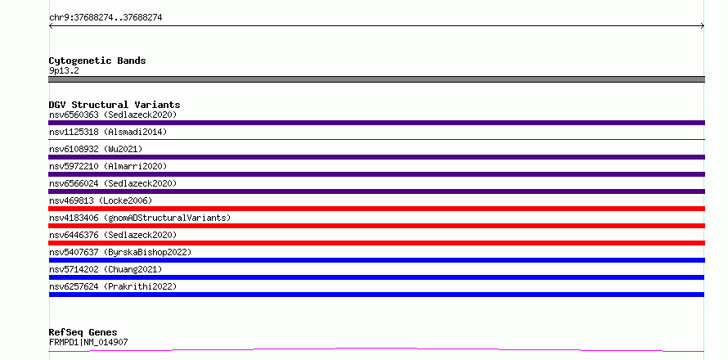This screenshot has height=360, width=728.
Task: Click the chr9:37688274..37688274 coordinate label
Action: [106, 18]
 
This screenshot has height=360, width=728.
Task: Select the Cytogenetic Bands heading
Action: [97, 61]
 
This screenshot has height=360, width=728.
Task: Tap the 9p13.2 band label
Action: [64, 71]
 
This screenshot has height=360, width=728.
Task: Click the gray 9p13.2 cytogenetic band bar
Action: [376, 79]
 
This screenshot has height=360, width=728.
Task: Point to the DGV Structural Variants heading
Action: [115, 105]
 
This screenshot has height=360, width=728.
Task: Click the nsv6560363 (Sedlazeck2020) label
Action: [113, 115]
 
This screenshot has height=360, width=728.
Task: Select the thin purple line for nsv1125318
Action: [376, 139]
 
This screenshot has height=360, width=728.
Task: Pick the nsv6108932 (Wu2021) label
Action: [96, 149]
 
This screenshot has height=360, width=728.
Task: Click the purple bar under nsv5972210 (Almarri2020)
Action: [376, 174]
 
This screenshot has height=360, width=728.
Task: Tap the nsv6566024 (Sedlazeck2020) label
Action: [113, 183]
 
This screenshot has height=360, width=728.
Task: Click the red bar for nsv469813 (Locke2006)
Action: [376, 209]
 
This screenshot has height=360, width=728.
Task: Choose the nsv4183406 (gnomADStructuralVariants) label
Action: [140, 218]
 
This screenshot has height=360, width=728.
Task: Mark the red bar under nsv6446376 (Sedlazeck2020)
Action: [376, 243]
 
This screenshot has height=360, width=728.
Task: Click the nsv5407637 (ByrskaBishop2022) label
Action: [120, 252]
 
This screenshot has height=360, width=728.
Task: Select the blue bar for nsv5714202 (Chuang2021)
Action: [376, 277]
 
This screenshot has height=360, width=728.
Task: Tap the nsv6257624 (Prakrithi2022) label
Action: [113, 286]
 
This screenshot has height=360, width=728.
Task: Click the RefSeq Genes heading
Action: [83, 332]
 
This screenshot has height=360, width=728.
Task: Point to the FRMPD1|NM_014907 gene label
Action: [88, 343]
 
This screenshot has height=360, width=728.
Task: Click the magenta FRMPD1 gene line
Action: [376, 349]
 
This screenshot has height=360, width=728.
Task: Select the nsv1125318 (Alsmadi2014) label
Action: [108, 132]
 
